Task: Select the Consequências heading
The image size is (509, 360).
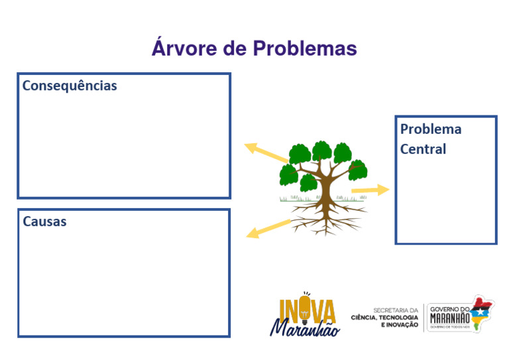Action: point(70,86)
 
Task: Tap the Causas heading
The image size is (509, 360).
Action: point(44,221)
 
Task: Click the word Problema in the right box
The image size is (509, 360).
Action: point(431,129)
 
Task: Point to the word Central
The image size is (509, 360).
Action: point(423,149)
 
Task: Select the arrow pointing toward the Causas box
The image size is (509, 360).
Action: point(268,228)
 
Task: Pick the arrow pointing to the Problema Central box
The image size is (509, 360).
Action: point(370,191)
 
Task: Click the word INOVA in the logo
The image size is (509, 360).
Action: point(307,312)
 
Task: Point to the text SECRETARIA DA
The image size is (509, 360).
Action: point(396,310)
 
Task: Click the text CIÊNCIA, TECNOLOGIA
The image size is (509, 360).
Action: point(384,317)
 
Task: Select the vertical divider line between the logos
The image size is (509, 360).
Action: point(424,317)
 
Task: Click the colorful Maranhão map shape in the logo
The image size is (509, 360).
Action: point(481,312)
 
